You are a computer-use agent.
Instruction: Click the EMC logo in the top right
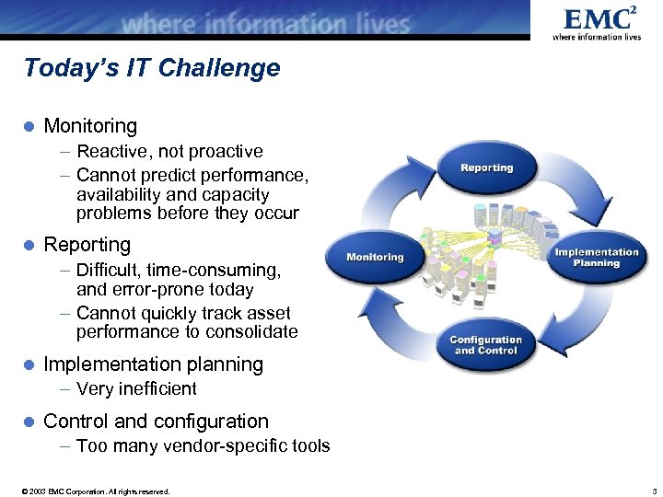[x=596, y=22]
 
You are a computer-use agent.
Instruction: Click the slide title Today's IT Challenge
[x=152, y=68]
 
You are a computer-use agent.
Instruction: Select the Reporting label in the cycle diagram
[x=486, y=168]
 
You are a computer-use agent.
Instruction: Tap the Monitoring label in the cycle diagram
[x=375, y=257]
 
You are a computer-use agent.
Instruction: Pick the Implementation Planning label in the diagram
[x=596, y=258]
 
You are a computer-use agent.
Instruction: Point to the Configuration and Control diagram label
[x=485, y=345]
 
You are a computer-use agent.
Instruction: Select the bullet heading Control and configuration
[x=156, y=422]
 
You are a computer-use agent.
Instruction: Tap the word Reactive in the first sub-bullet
[x=110, y=151]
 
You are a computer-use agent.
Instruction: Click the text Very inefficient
[x=136, y=388]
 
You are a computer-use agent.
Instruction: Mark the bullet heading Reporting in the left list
[x=87, y=245]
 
